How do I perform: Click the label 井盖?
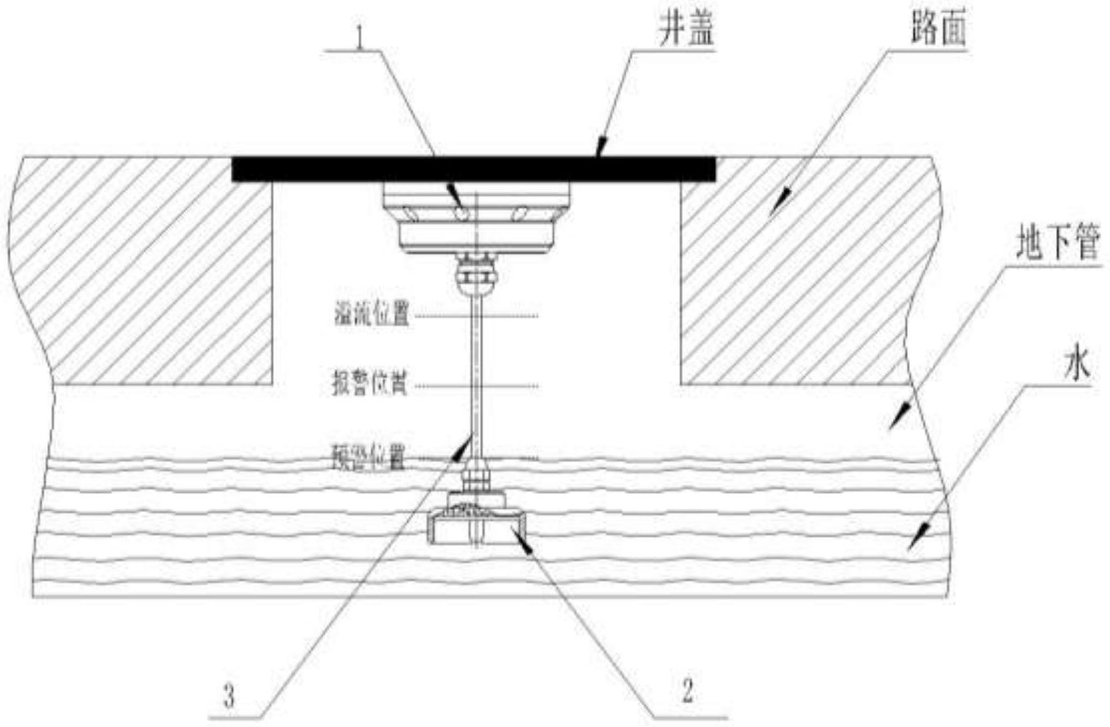[686, 30]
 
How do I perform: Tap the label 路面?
[938, 29]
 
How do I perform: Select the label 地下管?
[1057, 243]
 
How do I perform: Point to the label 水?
[1077, 366]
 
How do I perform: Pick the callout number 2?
[687, 690]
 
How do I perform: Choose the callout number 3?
[229, 695]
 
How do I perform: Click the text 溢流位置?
[371, 314]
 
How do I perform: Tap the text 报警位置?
[370, 385]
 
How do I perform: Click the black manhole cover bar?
[473, 169]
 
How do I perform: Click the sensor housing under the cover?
[476, 216]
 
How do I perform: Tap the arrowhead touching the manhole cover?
[600, 151]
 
